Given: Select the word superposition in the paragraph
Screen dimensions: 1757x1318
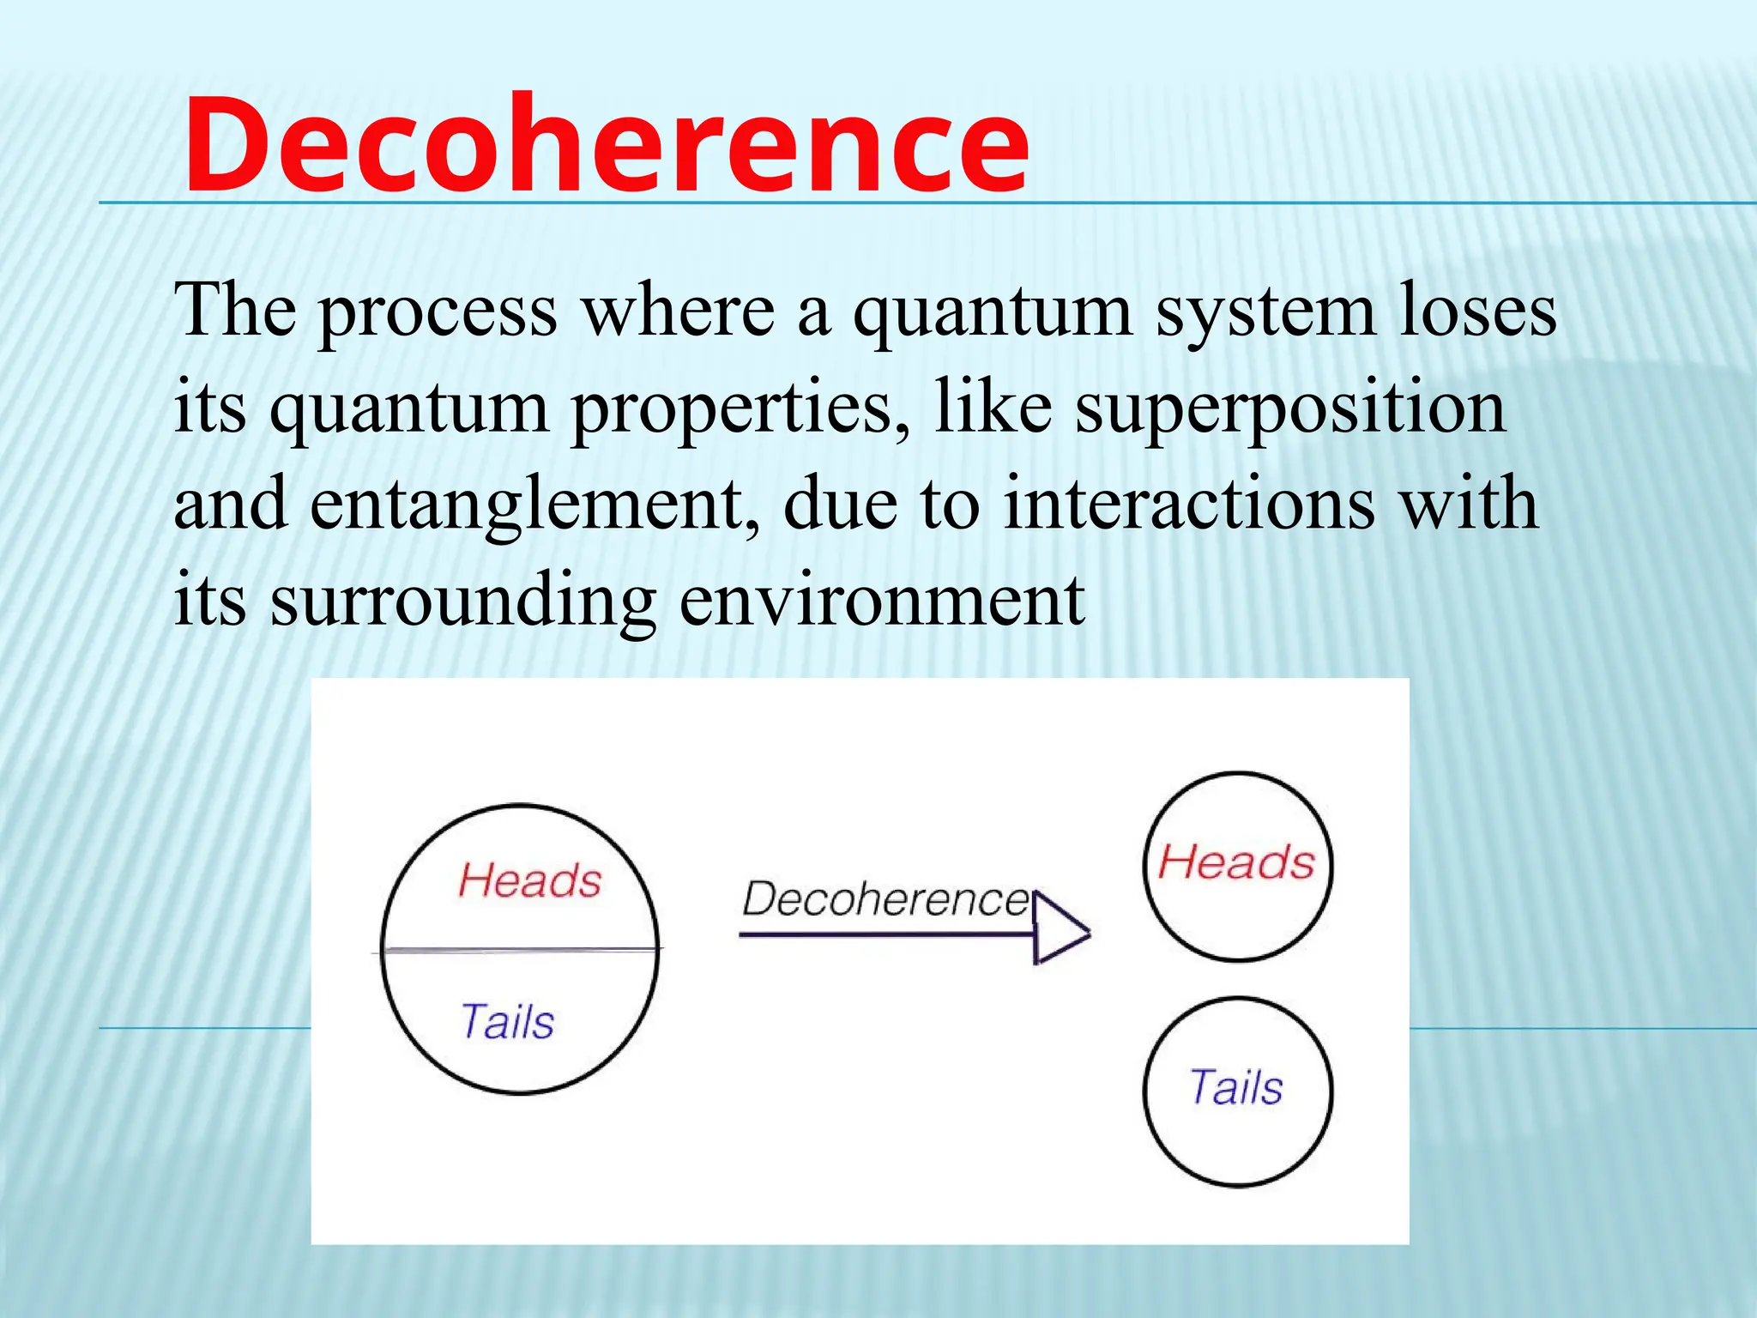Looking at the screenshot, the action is click(x=1290, y=407).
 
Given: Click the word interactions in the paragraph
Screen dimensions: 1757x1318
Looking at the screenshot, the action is click(x=1189, y=504).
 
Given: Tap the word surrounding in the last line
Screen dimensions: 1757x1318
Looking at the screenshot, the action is click(x=463, y=601).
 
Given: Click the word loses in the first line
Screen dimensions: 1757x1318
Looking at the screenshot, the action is click(x=1477, y=311).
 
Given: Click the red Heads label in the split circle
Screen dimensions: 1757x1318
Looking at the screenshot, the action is click(x=529, y=881).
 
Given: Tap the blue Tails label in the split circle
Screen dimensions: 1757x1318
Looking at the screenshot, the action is click(x=508, y=1022).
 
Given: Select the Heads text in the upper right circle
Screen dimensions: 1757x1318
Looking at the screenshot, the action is click(x=1236, y=862).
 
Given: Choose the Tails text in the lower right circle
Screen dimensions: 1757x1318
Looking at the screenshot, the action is click(x=1236, y=1087).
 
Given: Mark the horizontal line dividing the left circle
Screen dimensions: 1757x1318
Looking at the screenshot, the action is click(x=520, y=950).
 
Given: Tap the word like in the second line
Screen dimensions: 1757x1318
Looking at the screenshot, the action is click(x=993, y=407).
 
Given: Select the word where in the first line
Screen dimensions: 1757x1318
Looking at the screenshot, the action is click(x=679, y=311).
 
